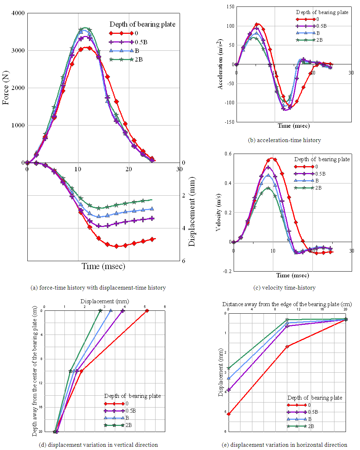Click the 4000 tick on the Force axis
(18, 13)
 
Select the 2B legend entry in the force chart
(126, 60)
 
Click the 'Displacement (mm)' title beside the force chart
(192, 212)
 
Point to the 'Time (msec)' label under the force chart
(103, 266)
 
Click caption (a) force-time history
(98, 288)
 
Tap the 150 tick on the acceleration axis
(230, 7)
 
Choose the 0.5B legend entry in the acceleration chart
(311, 26)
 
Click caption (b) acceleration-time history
(284, 140)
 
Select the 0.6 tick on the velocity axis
(228, 154)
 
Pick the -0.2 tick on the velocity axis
(228, 271)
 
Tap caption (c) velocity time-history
(284, 288)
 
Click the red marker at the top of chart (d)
(147, 311)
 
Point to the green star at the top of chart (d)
(100, 311)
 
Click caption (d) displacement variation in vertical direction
(98, 445)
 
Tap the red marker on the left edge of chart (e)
(229, 414)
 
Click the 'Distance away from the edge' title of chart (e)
(287, 304)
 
